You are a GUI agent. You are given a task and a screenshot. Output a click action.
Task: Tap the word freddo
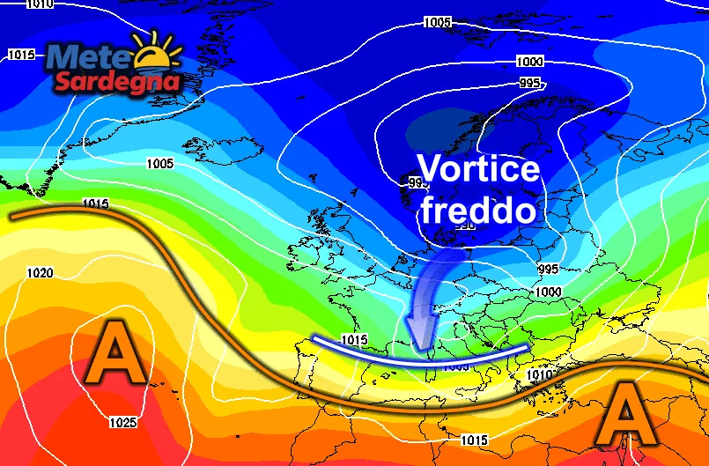pyautogui.click(x=477, y=211)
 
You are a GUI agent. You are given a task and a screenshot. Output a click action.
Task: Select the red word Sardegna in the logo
pyautogui.click(x=117, y=83)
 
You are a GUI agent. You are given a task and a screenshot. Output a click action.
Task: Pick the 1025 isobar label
pyautogui.click(x=122, y=423)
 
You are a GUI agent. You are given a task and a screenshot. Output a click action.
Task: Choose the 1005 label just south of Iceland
pyautogui.click(x=159, y=164)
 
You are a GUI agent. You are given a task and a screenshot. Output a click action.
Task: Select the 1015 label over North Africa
pyautogui.click(x=474, y=439)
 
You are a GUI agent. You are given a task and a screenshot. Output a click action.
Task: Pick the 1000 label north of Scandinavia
pyautogui.click(x=530, y=63)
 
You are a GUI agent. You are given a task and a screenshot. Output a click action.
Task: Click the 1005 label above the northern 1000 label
pyautogui.click(x=437, y=21)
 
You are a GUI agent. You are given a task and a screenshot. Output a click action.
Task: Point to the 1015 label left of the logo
pyautogui.click(x=21, y=55)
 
